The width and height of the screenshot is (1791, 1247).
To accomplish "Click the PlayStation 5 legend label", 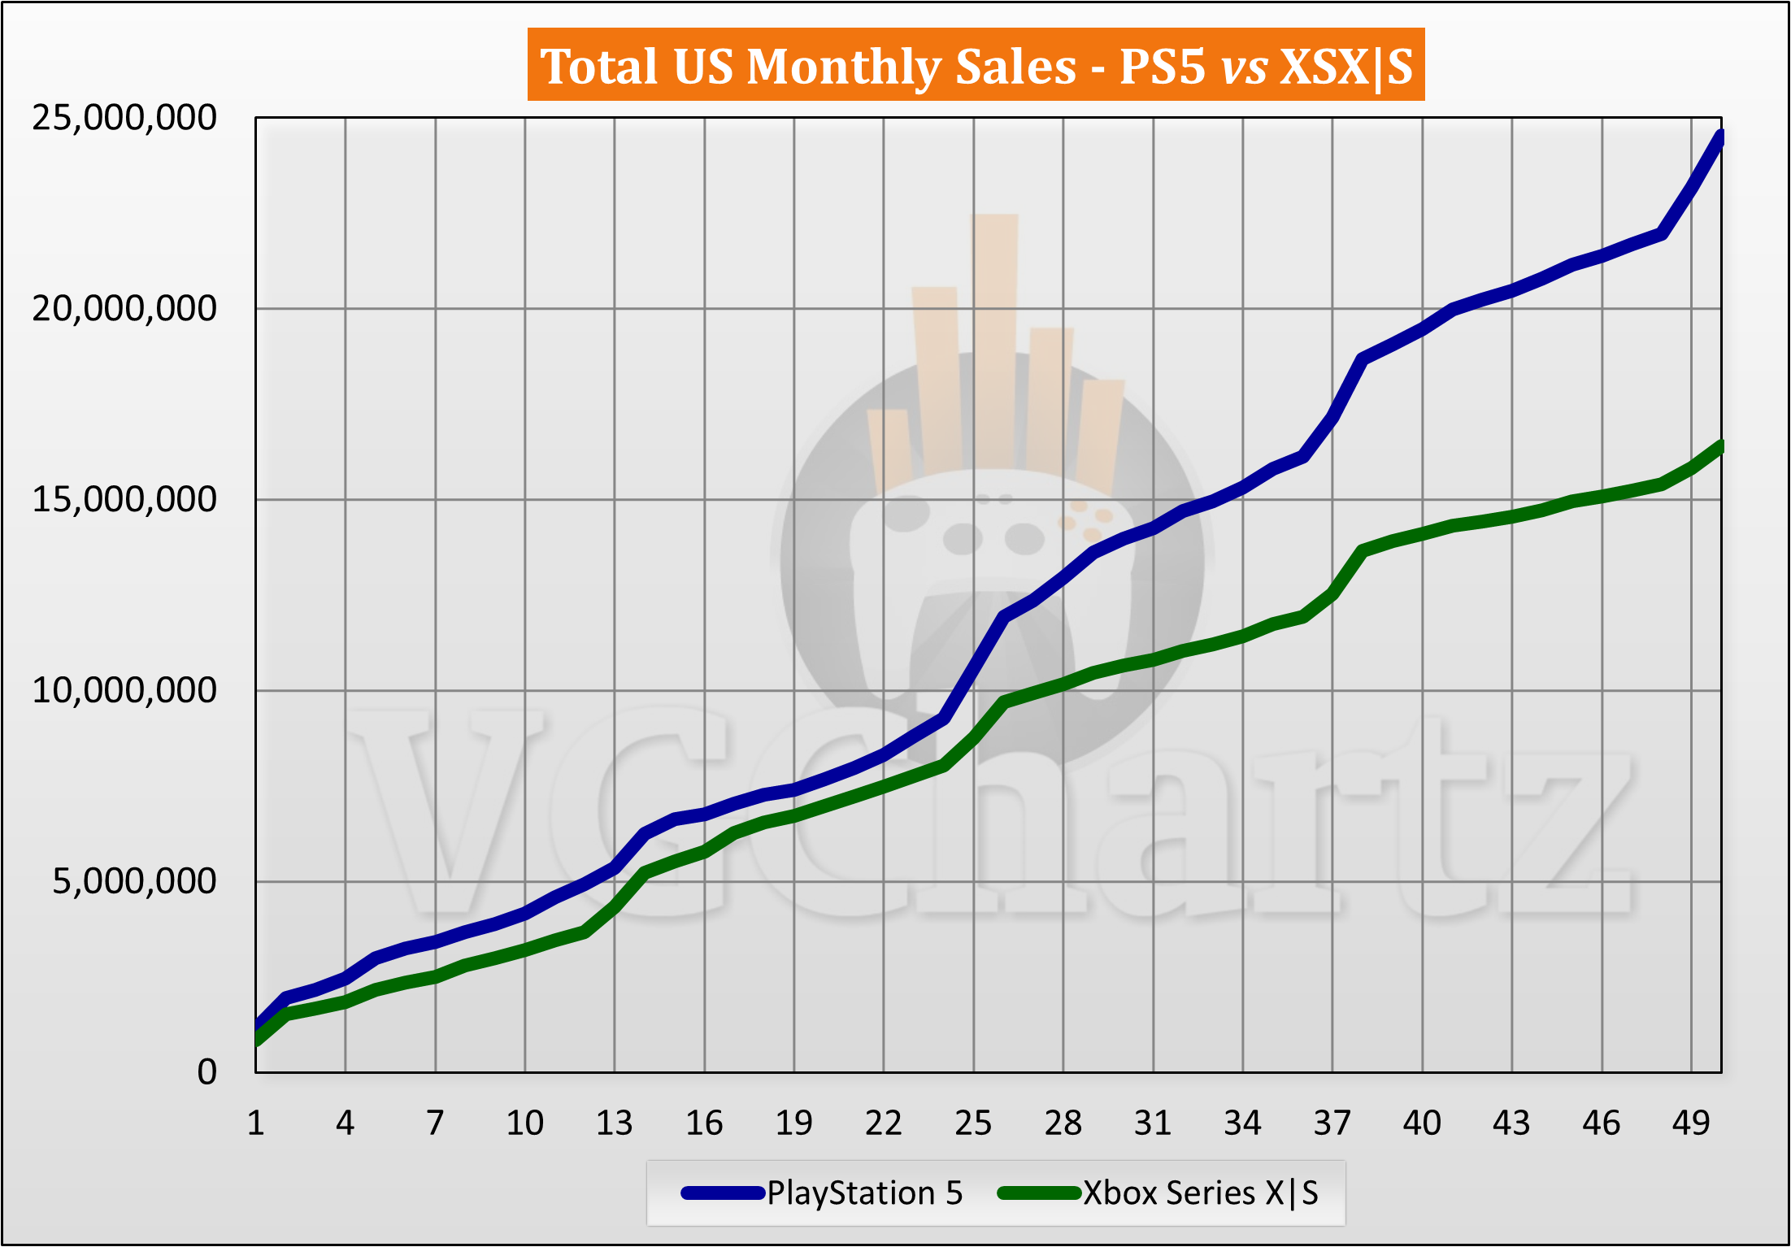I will [864, 1193].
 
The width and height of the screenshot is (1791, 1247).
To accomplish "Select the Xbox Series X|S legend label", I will [1200, 1193].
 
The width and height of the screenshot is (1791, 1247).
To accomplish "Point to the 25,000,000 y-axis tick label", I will [124, 118].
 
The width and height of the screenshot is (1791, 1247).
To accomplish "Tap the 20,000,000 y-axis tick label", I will [124, 309].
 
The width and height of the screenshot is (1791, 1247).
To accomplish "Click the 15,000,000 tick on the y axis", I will [124, 499].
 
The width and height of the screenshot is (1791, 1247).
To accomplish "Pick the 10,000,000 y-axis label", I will [124, 690].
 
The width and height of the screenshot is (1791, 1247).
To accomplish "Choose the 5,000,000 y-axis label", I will [135, 881].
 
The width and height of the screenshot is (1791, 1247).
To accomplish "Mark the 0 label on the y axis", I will [207, 1072].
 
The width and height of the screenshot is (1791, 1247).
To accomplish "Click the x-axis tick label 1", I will [256, 1123].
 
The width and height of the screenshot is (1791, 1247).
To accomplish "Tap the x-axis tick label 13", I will [615, 1123].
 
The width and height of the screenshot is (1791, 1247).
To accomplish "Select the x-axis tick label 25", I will [973, 1123].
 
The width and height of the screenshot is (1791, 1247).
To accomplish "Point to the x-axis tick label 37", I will [1332, 1123].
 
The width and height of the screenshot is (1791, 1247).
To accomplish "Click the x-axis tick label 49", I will [1691, 1123].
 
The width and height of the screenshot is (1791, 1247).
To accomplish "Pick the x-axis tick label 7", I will [435, 1123].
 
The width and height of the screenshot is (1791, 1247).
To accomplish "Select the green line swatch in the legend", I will [1039, 1193].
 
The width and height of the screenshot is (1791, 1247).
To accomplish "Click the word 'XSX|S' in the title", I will [1346, 67].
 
